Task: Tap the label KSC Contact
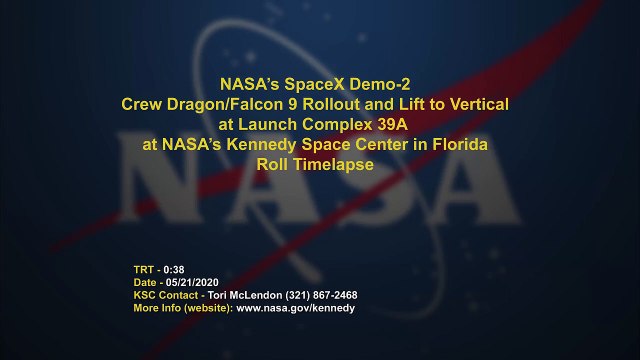click(164, 296)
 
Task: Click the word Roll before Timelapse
click(273, 165)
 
